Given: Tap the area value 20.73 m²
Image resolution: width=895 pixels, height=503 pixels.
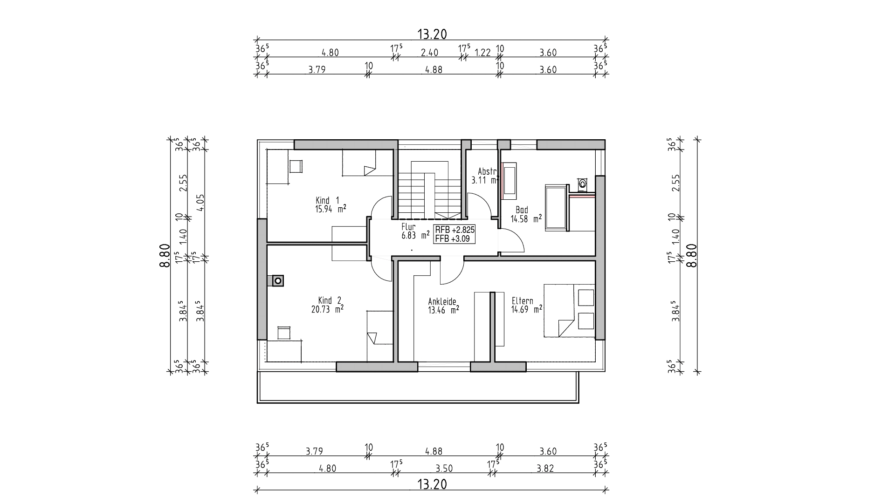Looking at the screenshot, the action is click(x=327, y=308).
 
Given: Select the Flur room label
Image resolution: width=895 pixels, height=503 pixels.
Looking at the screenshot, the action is click(x=408, y=227).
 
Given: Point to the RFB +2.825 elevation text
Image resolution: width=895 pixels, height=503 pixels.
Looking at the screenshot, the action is click(x=454, y=230).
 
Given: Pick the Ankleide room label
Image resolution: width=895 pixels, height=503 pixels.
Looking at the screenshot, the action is click(x=442, y=301).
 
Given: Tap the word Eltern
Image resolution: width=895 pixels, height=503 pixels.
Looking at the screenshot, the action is click(x=522, y=301).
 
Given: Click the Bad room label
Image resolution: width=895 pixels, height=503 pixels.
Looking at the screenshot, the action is click(x=522, y=210).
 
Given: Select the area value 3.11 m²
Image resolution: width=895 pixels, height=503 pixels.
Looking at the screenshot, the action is click(x=485, y=180).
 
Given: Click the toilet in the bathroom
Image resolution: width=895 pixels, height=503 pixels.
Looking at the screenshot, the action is click(x=582, y=184).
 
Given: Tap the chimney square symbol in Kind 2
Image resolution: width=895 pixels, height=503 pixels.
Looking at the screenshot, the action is click(x=278, y=280).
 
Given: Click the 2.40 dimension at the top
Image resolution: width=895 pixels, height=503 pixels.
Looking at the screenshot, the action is click(x=429, y=53).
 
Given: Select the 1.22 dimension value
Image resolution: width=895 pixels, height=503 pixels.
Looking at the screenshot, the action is click(x=482, y=53).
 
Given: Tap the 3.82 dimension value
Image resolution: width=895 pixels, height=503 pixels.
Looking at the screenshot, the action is click(x=545, y=469).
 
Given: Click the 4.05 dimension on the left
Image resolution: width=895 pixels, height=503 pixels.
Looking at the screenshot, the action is click(x=200, y=202).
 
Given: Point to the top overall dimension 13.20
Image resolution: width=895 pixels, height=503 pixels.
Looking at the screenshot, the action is click(x=432, y=34).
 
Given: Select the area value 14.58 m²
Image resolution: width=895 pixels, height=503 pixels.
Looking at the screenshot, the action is click(x=526, y=218).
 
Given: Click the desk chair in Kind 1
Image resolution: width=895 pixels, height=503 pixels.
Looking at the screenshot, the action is click(x=296, y=166).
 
